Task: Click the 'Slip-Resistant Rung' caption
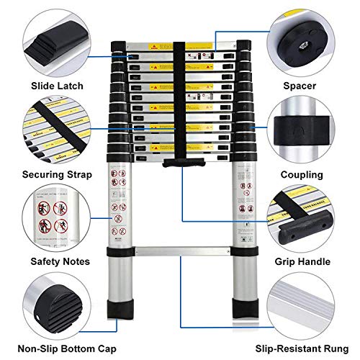(304, 348)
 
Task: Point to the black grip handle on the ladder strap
(179, 163)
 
